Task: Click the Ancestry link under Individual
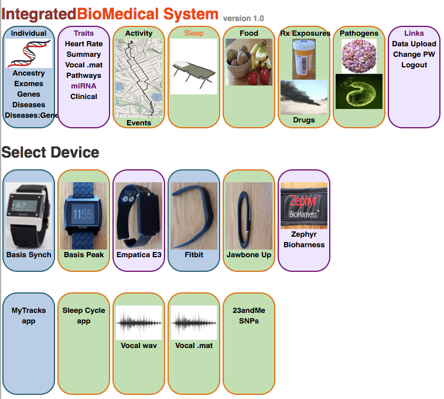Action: (29, 73)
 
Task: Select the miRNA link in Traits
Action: (84, 86)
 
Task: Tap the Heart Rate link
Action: (84, 44)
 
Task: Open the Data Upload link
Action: (414, 44)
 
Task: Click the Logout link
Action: (414, 65)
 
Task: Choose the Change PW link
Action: (414, 54)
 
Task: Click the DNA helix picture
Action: (29, 53)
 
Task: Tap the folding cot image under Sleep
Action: (194, 67)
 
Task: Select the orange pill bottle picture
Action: (304, 59)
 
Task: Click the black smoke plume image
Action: (304, 97)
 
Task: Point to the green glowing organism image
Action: (358, 91)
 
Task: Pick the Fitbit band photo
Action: (194, 216)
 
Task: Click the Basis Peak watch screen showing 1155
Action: (83, 214)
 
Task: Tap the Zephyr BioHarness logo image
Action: (304, 206)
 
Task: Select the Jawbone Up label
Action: (249, 255)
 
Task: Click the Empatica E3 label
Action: (139, 255)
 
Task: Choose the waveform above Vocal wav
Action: (139, 323)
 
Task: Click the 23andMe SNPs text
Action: (249, 315)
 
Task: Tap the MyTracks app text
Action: (29, 315)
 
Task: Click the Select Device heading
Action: (50, 152)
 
